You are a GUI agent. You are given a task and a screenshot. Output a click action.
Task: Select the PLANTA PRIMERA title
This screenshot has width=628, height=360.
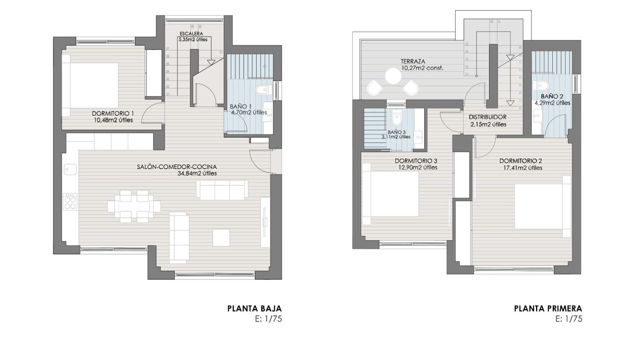point(548,309)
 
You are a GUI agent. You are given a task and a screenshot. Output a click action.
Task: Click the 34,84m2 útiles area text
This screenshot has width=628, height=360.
point(197,174)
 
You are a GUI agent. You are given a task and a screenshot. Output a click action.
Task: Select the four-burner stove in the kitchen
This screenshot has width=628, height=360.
point(70,201)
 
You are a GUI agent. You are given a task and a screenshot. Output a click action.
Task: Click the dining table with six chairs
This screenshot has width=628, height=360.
point(134,206)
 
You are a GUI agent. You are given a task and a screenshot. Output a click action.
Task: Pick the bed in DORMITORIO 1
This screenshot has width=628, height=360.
point(90,85)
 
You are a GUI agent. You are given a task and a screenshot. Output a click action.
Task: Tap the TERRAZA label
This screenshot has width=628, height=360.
point(413,61)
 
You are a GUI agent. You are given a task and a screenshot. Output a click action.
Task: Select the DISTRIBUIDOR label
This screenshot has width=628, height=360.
point(487,117)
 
